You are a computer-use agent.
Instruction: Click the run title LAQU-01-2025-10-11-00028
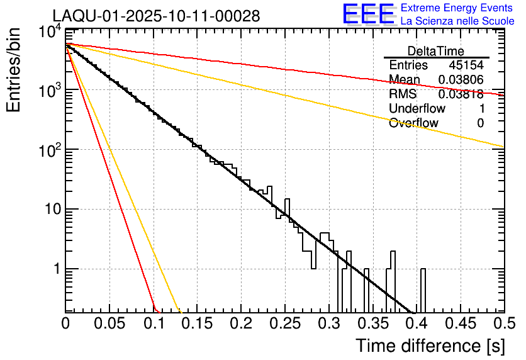[x=156, y=16]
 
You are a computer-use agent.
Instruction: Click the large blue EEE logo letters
[x=368, y=14]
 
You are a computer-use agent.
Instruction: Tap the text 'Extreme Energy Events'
[x=457, y=8]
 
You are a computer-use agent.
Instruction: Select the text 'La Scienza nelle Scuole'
[x=457, y=21]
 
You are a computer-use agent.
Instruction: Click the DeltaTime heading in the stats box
[x=436, y=51]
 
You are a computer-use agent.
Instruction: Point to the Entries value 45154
[x=466, y=65]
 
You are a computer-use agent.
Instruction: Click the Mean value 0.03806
[x=461, y=80]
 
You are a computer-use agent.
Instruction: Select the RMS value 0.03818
[x=461, y=94]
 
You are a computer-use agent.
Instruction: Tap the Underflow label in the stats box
[x=417, y=108]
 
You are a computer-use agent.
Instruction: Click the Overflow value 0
[x=480, y=123]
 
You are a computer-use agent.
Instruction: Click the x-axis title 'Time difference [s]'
[x=430, y=346]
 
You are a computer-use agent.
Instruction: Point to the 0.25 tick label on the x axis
[x=285, y=323]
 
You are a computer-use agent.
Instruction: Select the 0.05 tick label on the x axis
[x=109, y=323]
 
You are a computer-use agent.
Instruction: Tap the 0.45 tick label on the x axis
[x=461, y=323]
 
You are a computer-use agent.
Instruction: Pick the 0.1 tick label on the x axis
[x=154, y=323]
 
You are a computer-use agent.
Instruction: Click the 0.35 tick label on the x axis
[x=372, y=323]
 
